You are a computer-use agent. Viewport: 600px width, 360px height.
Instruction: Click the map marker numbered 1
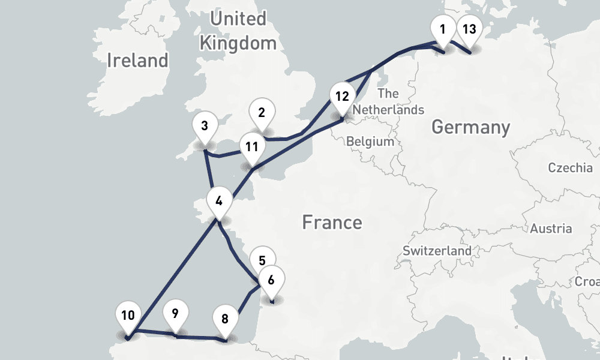[443, 29]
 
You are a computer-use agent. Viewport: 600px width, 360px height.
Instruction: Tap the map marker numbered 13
[469, 29]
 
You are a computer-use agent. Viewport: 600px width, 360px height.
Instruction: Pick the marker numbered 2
[262, 112]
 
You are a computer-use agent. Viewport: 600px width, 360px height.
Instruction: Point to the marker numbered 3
[205, 127]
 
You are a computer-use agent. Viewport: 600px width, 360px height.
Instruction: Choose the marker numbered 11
[251, 147]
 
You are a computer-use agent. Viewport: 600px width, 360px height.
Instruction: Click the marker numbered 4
[219, 201]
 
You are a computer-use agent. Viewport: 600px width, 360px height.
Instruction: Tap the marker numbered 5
[262, 260]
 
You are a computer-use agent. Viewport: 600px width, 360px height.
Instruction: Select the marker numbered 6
[271, 280]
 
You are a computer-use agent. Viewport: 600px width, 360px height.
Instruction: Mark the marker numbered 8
[225, 319]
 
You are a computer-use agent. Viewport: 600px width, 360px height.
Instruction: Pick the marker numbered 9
[175, 313]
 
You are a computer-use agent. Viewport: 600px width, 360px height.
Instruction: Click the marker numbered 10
[127, 316]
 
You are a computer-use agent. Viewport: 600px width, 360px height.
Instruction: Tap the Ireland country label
[138, 60]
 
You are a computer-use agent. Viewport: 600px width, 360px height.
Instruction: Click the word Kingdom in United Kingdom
[238, 43]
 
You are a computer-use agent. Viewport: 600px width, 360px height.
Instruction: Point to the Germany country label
[470, 127]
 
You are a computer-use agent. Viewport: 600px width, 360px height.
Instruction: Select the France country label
[332, 223]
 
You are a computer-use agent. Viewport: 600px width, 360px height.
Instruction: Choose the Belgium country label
[370, 142]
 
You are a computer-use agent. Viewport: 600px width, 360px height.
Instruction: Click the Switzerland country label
[437, 251]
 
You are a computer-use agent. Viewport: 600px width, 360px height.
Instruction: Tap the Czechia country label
[570, 168]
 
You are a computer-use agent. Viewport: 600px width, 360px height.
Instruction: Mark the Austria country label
[550, 229]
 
